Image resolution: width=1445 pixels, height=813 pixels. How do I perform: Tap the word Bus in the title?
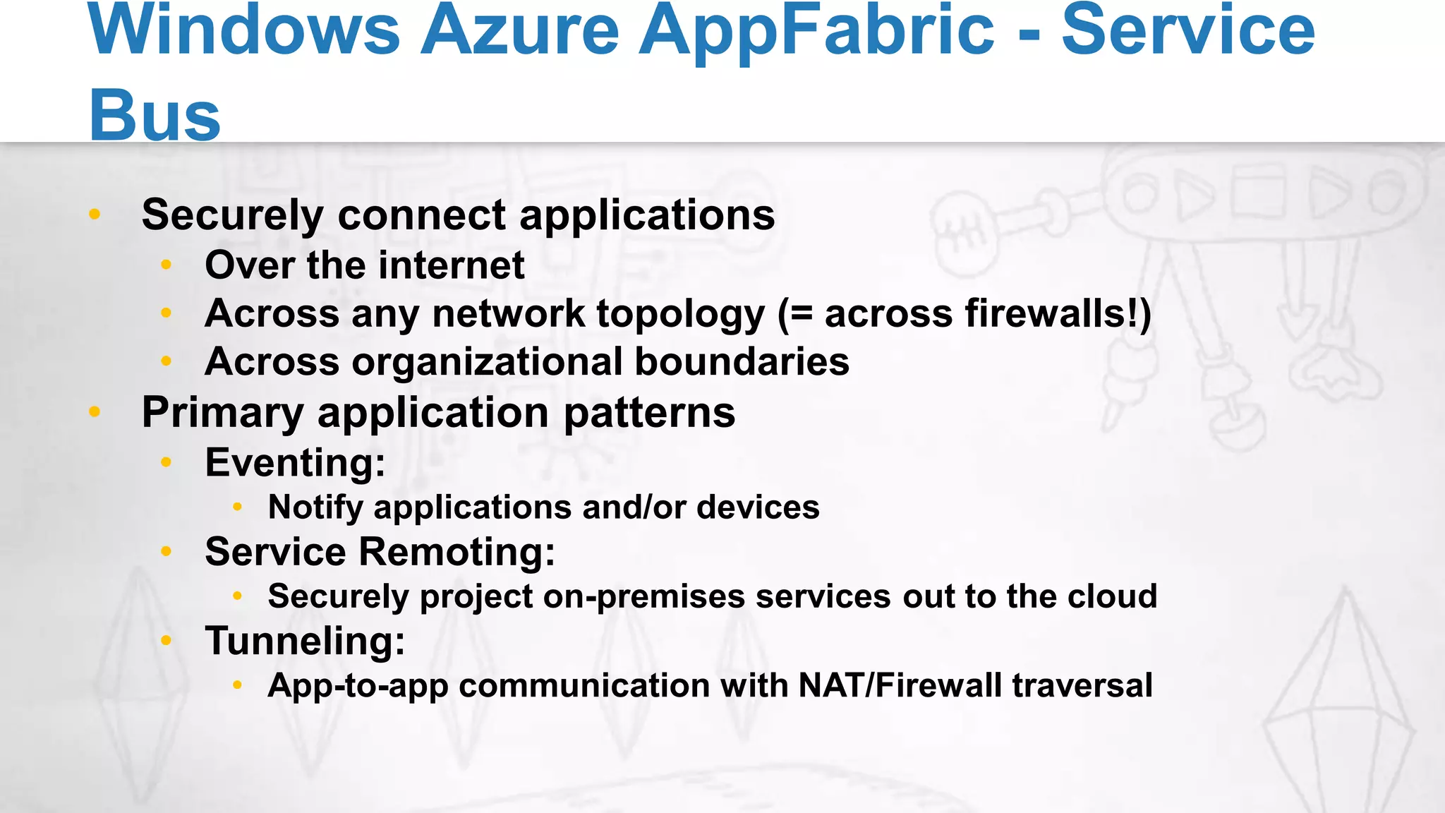point(155,115)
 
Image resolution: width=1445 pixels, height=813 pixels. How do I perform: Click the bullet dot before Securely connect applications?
point(95,214)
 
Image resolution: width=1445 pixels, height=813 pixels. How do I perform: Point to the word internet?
point(452,265)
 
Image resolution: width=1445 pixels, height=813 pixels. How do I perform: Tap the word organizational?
point(488,362)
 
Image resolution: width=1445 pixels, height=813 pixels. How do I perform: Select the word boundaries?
point(742,361)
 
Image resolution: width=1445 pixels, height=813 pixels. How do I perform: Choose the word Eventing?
point(295,463)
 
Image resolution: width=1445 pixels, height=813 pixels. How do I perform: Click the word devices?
point(758,507)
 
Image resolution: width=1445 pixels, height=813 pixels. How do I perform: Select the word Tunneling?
point(305,642)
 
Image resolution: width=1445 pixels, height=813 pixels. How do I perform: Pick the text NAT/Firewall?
point(900,685)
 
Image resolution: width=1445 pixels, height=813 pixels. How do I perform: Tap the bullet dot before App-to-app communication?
point(238,685)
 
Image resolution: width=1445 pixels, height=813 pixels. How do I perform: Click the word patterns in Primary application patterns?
point(649,413)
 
